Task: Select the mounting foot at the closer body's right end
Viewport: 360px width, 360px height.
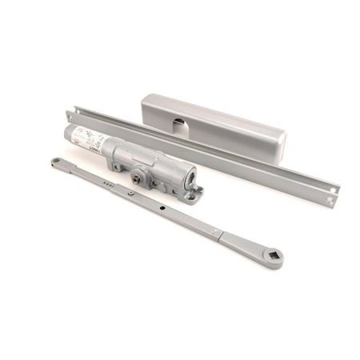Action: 196,190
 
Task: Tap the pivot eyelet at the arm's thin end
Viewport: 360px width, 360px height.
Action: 56,162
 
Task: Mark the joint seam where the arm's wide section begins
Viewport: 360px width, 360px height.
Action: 216,232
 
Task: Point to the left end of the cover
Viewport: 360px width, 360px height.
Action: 144,106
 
